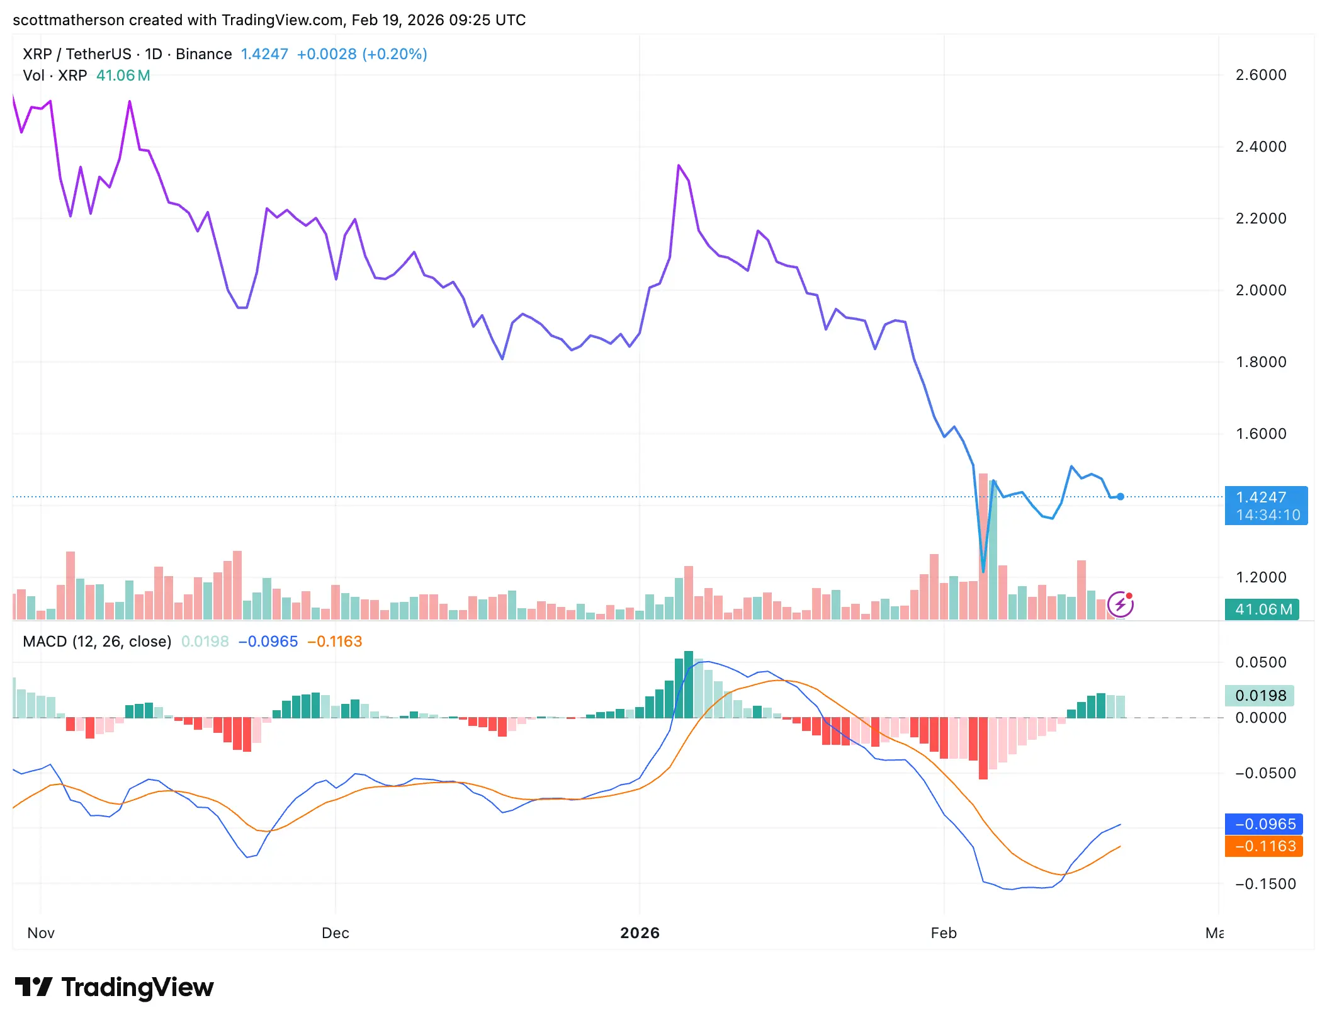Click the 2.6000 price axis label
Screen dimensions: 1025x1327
pyautogui.click(x=1260, y=75)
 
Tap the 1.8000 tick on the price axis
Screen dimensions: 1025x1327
pyautogui.click(x=1260, y=362)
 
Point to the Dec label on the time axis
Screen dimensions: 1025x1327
pyautogui.click(x=335, y=932)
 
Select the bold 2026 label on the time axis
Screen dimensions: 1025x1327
pyautogui.click(x=640, y=932)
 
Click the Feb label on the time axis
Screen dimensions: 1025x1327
pyautogui.click(x=943, y=932)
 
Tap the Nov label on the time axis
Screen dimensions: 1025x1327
pyautogui.click(x=41, y=932)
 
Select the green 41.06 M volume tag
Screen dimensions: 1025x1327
pyautogui.click(x=1262, y=609)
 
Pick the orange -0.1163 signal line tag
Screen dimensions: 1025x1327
pyautogui.click(x=1263, y=846)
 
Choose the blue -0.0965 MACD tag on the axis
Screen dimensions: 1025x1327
pyautogui.click(x=1263, y=824)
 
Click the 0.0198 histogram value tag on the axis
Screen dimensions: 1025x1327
pyautogui.click(x=1260, y=695)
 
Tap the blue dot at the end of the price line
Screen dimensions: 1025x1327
pyautogui.click(x=1121, y=497)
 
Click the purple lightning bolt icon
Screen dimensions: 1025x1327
pyautogui.click(x=1121, y=605)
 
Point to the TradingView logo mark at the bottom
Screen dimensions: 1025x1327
pyautogui.click(x=33, y=987)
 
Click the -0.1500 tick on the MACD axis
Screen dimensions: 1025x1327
pyautogui.click(x=1263, y=883)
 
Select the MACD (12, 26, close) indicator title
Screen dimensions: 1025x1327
pyautogui.click(x=97, y=641)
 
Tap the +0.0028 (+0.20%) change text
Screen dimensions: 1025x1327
pyautogui.click(x=361, y=54)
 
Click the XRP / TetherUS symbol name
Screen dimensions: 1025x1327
pyautogui.click(x=77, y=54)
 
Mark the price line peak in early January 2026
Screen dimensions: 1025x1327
pyautogui.click(x=679, y=166)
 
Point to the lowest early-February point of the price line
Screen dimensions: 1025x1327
pyautogui.click(x=983, y=571)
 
